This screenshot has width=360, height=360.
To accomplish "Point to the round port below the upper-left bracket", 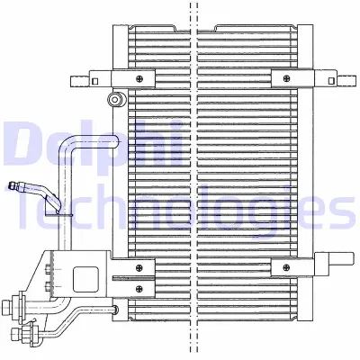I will point(114,99).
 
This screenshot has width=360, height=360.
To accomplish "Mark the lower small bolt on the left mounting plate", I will point(45,287).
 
